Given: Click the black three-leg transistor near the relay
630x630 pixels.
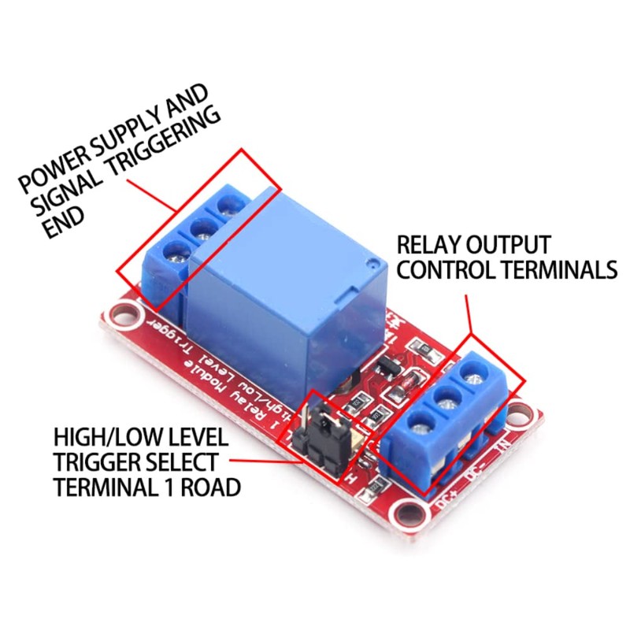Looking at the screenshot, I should pos(387,365).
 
